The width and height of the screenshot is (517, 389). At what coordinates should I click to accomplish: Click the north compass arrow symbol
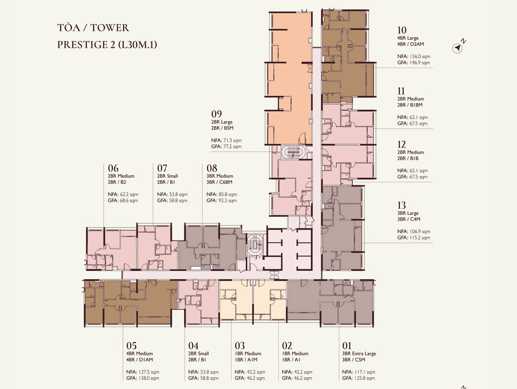(457, 48)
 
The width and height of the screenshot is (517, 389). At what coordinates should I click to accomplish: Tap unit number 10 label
(402, 30)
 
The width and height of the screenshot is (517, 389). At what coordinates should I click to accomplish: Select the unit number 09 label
(216, 114)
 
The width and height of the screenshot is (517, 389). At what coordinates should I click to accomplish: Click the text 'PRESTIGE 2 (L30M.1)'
(107, 45)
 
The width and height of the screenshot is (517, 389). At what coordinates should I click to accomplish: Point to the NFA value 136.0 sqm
(420, 57)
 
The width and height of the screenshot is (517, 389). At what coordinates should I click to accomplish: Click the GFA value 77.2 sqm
(232, 146)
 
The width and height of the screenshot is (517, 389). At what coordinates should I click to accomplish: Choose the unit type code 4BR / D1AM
(139, 360)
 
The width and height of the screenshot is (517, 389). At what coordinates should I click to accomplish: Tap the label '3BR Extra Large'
(359, 353)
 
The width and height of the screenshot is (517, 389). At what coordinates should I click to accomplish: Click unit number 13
(402, 205)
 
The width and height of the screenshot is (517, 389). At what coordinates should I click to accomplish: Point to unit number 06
(113, 168)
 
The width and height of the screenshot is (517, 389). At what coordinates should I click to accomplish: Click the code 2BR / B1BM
(410, 105)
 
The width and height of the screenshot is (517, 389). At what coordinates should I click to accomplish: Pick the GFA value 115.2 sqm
(420, 238)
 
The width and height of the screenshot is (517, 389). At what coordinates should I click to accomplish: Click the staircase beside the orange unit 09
(293, 152)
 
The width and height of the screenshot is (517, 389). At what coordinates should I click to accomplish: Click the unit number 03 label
(240, 346)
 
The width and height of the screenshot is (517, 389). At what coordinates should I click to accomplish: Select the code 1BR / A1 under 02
(291, 360)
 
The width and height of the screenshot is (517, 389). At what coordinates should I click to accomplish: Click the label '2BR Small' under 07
(168, 176)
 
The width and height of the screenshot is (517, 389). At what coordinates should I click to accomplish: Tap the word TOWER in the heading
(110, 28)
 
